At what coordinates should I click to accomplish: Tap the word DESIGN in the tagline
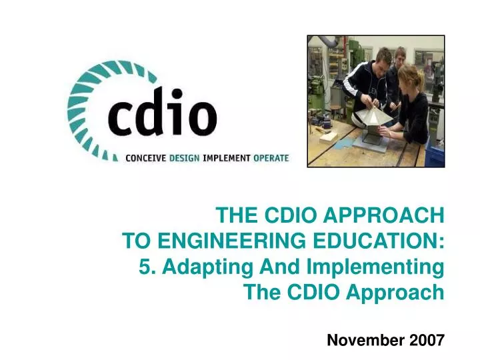pos(185,158)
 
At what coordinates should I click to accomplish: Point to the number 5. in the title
pos(147,267)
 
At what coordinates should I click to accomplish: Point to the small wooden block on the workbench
pos(329,136)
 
